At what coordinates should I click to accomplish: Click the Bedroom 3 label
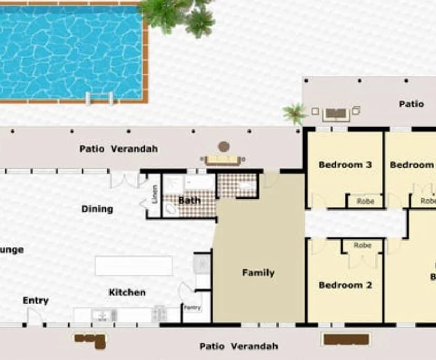[345, 165]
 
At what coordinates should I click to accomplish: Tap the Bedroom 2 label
[345, 285]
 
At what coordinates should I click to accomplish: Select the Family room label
[258, 273]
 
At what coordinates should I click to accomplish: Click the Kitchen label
[127, 292]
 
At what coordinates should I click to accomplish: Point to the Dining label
[97, 209]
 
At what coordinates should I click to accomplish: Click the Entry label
[35, 301]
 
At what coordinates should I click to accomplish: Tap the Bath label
[189, 200]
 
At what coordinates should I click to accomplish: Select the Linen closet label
[155, 194]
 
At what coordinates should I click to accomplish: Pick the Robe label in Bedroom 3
[365, 201]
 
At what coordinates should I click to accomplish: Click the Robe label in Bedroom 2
[362, 245]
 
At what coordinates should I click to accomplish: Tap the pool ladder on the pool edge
[99, 98]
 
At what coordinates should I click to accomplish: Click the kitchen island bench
[134, 266]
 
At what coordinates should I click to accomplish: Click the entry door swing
[35, 316]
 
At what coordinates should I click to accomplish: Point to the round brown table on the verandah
[224, 146]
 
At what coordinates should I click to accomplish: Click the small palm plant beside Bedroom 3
[294, 113]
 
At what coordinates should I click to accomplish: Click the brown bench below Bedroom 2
[345, 339]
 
